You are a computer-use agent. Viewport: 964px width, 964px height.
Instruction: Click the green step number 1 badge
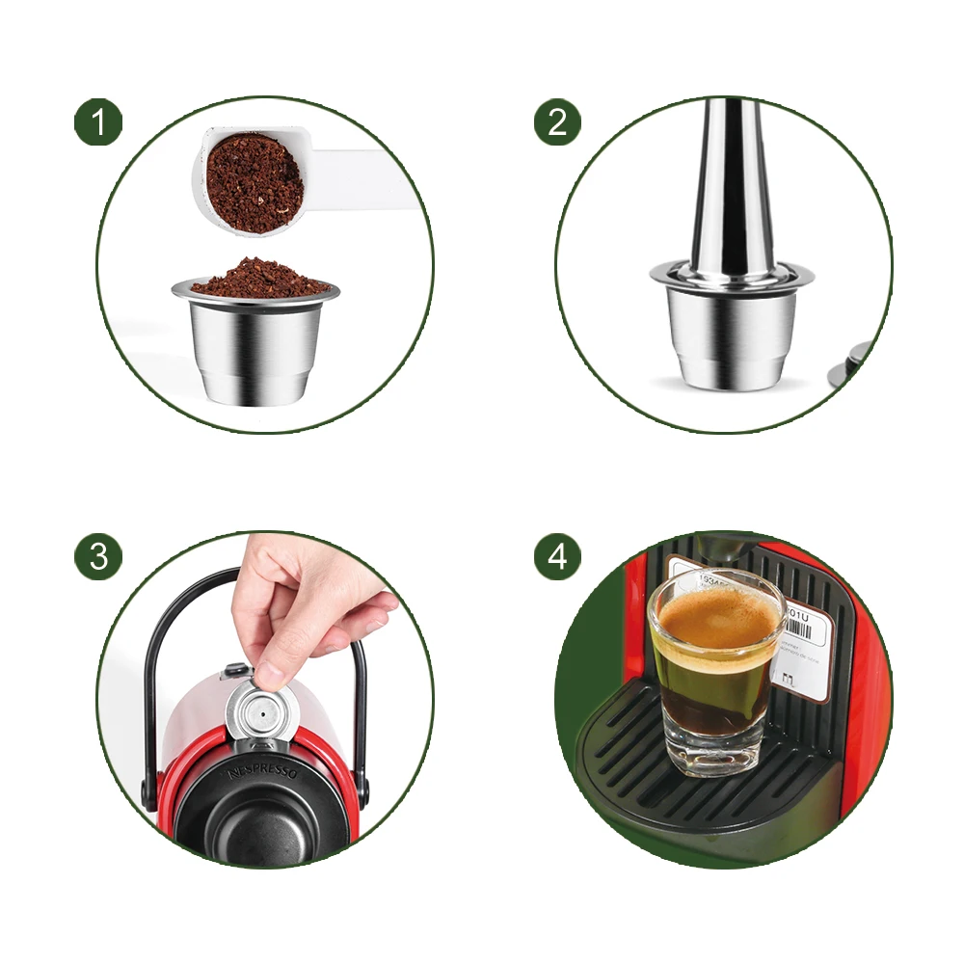click(x=98, y=122)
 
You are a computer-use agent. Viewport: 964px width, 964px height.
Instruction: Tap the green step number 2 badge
click(x=558, y=122)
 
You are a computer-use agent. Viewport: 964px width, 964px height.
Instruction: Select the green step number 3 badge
click(x=98, y=556)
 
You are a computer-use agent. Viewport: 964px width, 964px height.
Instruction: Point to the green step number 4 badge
click(x=558, y=556)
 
